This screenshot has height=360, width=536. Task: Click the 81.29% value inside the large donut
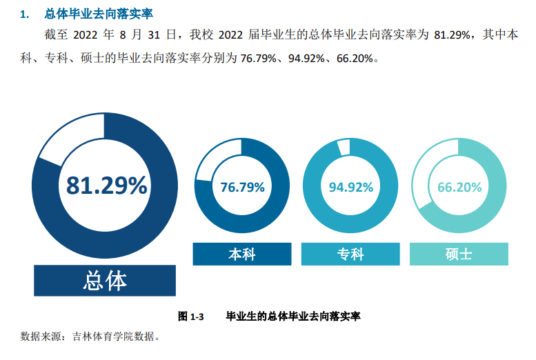(106, 185)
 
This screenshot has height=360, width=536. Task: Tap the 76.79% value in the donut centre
(242, 187)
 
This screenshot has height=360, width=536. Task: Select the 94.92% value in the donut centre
(350, 187)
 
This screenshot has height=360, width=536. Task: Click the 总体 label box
(105, 280)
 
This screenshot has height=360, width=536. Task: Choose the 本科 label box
(242, 254)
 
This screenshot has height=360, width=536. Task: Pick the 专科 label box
(350, 254)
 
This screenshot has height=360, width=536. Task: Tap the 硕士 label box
(459, 254)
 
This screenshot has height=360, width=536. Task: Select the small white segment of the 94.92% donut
(344, 147)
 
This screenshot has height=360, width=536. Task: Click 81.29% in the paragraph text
(452, 34)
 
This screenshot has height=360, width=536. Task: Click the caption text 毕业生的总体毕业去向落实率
(293, 317)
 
